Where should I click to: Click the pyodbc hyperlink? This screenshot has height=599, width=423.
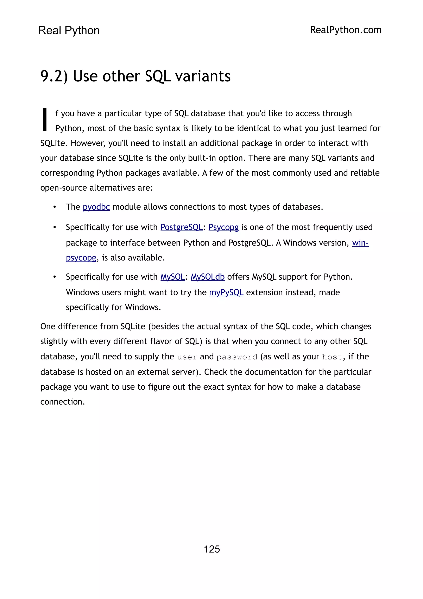[96, 207]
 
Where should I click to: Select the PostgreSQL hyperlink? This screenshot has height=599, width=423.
[181, 227]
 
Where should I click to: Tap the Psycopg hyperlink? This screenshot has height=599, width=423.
[223, 227]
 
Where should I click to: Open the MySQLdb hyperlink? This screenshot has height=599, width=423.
[207, 277]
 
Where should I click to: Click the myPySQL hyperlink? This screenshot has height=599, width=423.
[226, 292]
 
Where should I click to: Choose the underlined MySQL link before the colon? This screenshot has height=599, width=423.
[172, 277]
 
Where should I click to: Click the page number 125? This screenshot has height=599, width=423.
[212, 549]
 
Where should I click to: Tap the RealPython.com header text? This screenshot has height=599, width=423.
[346, 30]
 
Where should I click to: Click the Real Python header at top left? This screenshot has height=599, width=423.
[69, 31]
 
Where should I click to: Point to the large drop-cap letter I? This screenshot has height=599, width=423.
[45, 120]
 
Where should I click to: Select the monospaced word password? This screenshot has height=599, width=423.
[237, 357]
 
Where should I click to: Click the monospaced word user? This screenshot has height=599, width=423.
[187, 357]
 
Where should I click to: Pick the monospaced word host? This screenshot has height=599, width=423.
[332, 357]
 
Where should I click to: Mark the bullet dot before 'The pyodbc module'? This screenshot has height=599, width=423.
[55, 207]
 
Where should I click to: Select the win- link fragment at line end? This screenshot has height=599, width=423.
[360, 243]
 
